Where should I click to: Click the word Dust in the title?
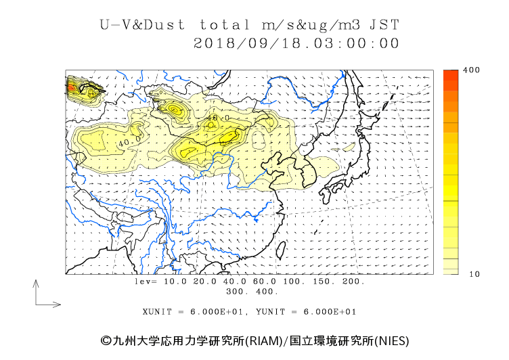[164, 25]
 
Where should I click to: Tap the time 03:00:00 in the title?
[351, 43]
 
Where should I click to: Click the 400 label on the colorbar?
[471, 70]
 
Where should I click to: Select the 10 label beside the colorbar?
[474, 274]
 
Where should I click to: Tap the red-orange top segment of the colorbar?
[451, 75]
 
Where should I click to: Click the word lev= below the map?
[146, 282]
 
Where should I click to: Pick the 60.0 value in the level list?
[265, 282]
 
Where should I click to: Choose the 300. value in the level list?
[238, 292]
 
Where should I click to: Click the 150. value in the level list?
[324, 282]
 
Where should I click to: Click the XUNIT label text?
[157, 312]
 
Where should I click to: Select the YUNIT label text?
[271, 312]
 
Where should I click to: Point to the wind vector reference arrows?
[36, 305]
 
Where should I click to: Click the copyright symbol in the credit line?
[106, 341]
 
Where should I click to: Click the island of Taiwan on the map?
[281, 250]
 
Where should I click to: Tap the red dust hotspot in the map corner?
[71, 87]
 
